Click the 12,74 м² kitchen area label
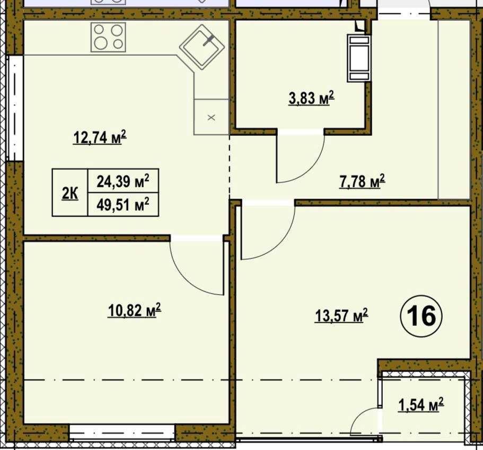pyautogui.click(x=100, y=137)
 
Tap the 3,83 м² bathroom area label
pyautogui.click(x=311, y=98)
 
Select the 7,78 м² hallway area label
pyautogui.click(x=362, y=181)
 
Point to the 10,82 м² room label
pyautogui.click(x=134, y=310)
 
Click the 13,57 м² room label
pyautogui.click(x=341, y=315)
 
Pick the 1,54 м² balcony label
pyautogui.click(x=421, y=405)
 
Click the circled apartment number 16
pyautogui.click(x=421, y=316)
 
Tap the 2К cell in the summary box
pyautogui.click(x=70, y=193)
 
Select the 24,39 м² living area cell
pyautogui.click(x=123, y=181)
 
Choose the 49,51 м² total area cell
pyautogui.click(x=123, y=204)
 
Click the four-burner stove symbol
pyautogui.click(x=109, y=37)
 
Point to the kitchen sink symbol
pyautogui.click(x=202, y=47)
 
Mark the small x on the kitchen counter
pyautogui.click(x=212, y=117)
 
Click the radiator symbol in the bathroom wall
pyautogui.click(x=359, y=58)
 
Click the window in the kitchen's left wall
pyautogui.click(x=14, y=108)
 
